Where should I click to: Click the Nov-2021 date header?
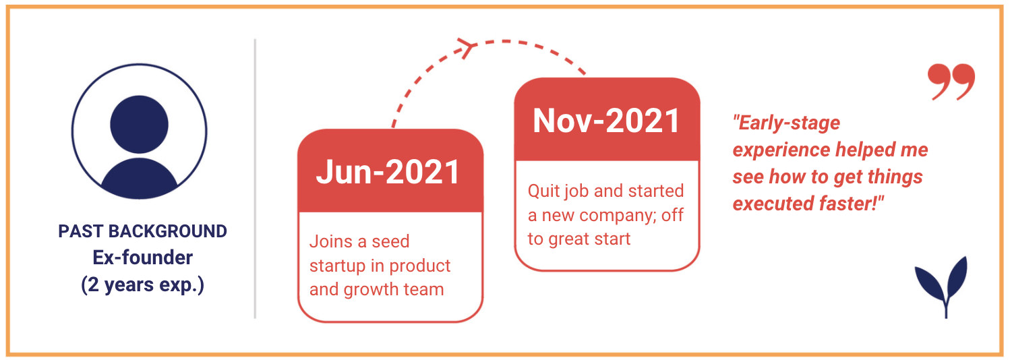click(607, 120)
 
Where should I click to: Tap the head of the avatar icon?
click(140, 124)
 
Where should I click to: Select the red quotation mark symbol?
click(951, 82)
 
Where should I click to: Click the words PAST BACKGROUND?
click(142, 231)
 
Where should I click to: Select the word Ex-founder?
click(142, 258)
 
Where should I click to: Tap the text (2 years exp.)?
click(142, 285)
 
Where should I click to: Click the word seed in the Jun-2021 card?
click(391, 241)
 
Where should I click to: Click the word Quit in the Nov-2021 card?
click(544, 191)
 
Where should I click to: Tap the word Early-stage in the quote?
click(787, 123)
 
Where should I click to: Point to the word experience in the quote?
click(781, 150)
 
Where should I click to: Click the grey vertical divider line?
click(256, 179)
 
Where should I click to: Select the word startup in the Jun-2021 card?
click(337, 266)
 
